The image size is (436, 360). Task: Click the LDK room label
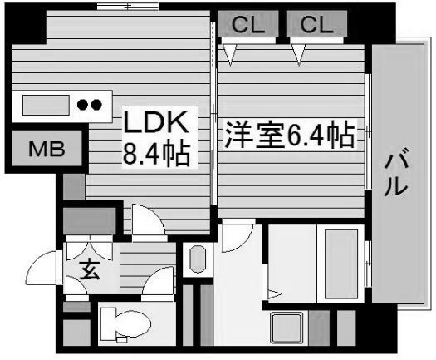coord(156,122)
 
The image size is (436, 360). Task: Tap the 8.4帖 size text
coord(156,154)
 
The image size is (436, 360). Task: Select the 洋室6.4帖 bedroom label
coord(290,136)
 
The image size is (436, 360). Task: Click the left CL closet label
coord(247,24)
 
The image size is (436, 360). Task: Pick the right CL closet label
coord(316,24)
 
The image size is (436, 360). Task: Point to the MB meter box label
coord(47,149)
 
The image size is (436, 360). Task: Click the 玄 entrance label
coord(90,270)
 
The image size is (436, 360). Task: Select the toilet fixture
coord(125,324)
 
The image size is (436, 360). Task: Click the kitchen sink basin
coord(46,105)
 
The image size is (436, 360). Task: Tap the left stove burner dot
coord(82,105)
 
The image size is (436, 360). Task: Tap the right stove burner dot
coord(96,105)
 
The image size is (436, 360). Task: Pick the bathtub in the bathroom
coord(341,264)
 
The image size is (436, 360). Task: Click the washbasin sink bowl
coord(198,259)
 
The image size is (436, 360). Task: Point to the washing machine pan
coord(287,328)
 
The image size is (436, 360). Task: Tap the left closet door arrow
coord(230,55)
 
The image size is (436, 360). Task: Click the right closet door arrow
coord(299,55)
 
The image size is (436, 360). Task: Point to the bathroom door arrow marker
coord(275,293)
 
